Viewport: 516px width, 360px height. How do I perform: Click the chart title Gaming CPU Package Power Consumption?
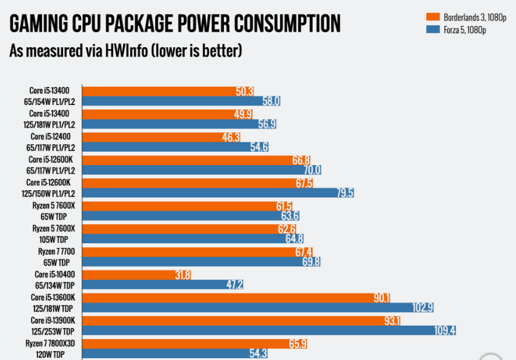(x=175, y=24)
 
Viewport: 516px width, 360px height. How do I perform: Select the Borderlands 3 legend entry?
(x=461, y=16)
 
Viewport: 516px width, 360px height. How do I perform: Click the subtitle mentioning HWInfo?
(x=125, y=51)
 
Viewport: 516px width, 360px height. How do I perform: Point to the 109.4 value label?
(x=445, y=330)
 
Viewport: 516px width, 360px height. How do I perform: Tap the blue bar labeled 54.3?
(x=175, y=354)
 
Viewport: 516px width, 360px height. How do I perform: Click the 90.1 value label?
(x=382, y=297)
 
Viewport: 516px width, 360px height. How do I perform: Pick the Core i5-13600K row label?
(x=54, y=297)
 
